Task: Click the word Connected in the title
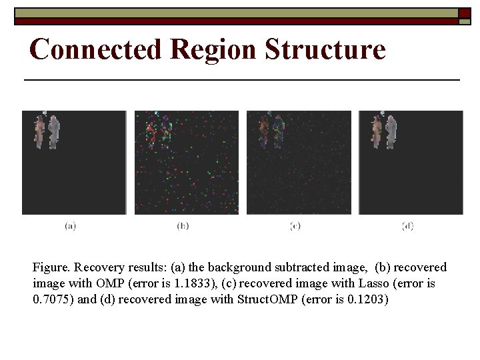coord(95,49)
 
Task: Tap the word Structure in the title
coord(325,49)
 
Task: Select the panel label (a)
coord(70,227)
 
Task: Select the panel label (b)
coord(183,227)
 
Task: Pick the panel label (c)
coord(295,227)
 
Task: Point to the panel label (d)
coord(408,227)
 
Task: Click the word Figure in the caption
coord(50,267)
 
